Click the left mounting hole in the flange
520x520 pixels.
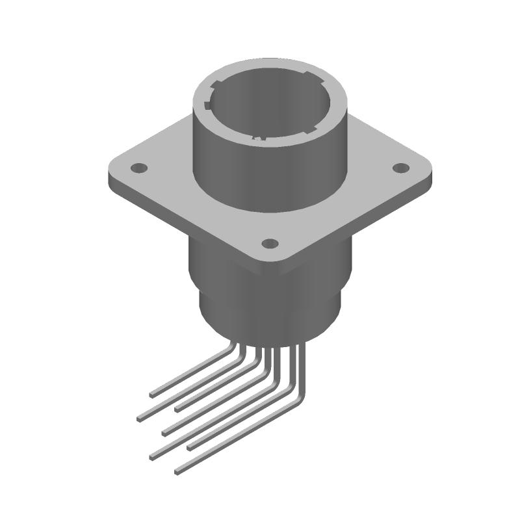pos(138,168)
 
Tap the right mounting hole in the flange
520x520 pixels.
pos(397,168)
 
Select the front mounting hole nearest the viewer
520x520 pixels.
pos(269,244)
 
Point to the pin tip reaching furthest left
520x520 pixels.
pos(139,419)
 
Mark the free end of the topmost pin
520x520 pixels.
pos(152,394)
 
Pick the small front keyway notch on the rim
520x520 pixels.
pos(260,138)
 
